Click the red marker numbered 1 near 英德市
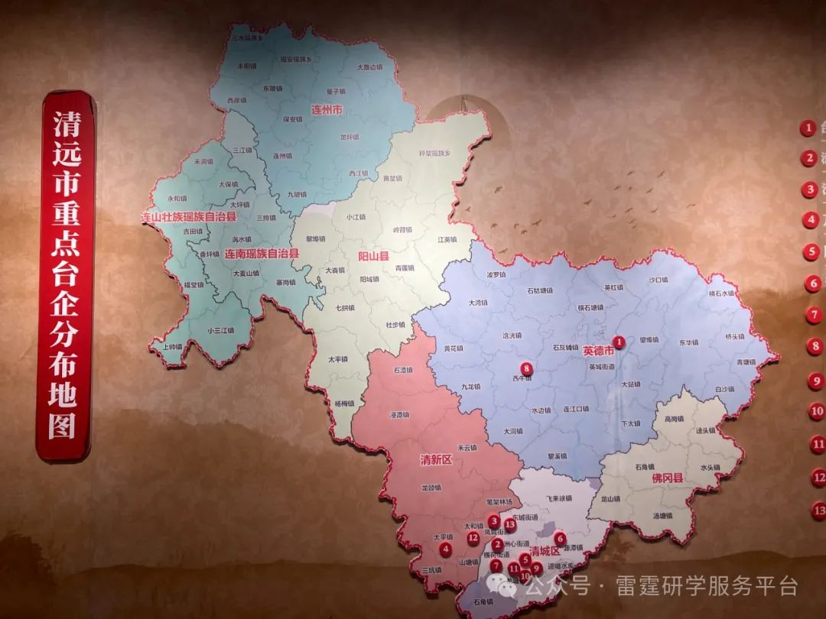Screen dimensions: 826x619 tap(619, 342)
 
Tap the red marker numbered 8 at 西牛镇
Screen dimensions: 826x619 tap(526, 369)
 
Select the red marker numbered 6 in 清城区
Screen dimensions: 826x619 tap(560, 538)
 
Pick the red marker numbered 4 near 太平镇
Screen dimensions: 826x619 tap(446, 548)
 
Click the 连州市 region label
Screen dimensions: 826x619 tap(327, 110)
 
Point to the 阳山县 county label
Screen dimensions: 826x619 tap(374, 257)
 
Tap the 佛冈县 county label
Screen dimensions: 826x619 tap(667, 478)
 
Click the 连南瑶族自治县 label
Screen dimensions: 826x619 tap(261, 252)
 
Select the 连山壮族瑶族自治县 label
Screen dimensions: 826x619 tap(189, 218)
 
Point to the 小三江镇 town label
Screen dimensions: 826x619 tap(220, 330)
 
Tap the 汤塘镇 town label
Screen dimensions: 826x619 tap(662, 516)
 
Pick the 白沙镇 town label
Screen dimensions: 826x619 tap(724, 389)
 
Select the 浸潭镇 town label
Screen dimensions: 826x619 tap(400, 415)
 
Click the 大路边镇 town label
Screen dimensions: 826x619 tap(369, 67)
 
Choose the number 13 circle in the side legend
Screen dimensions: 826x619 tap(818, 510)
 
